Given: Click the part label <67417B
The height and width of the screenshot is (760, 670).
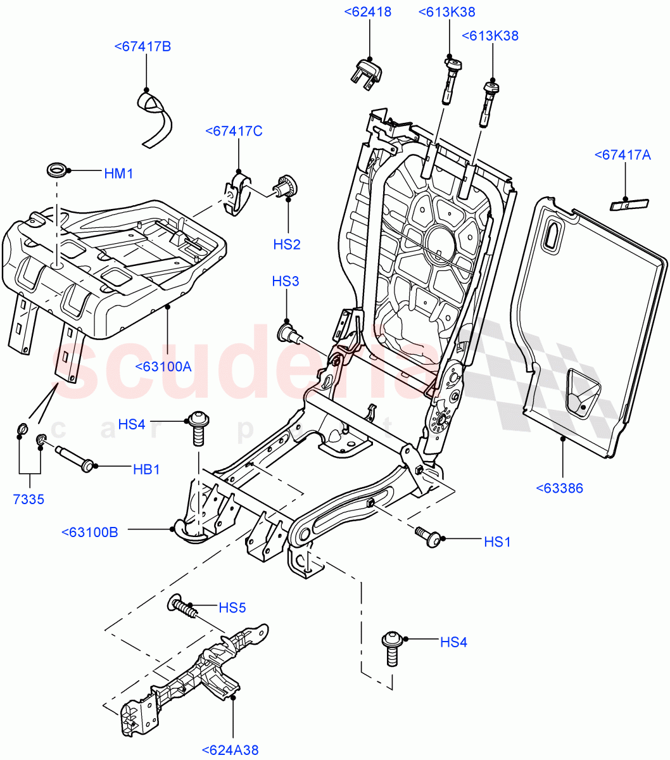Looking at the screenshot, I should [143, 46].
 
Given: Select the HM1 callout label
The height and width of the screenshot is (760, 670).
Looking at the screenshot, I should [118, 173].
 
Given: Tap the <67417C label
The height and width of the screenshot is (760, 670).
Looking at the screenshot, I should [234, 131].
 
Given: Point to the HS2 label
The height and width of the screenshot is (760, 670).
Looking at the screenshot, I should [286, 244].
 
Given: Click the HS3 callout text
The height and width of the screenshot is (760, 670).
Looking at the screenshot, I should [286, 281].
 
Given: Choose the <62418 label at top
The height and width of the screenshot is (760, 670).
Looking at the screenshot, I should [368, 12].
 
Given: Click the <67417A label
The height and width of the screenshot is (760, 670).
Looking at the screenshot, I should [623, 155].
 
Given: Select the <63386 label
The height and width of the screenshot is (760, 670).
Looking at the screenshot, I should [559, 488].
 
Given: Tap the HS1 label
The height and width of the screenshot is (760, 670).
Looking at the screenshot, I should [497, 541].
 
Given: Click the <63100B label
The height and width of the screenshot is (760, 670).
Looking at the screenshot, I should [90, 532].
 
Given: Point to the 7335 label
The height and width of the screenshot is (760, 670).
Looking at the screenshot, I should [28, 499].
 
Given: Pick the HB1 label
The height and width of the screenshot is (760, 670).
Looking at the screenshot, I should [146, 469].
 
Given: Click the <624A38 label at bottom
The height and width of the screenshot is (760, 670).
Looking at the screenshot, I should [231, 750].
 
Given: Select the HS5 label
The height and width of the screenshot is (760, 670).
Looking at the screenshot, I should [232, 608].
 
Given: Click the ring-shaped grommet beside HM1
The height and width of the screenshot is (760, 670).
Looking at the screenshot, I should [57, 170].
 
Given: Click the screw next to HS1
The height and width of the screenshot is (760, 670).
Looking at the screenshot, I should [428, 536].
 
